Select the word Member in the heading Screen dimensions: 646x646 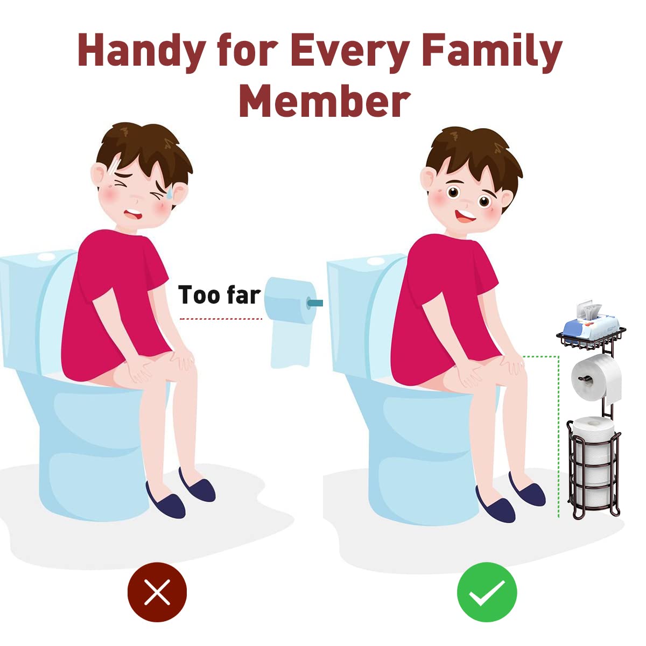[x=325, y=101]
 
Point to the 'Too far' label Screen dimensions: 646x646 [x=219, y=295]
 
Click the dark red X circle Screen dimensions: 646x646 [x=157, y=592]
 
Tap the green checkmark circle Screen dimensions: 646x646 [x=487, y=592]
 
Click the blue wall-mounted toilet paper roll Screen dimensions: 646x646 [x=290, y=321]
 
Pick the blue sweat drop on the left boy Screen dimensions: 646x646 [x=170, y=192]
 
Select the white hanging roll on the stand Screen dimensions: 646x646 [x=596, y=379]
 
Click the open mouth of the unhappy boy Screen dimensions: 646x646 [x=134, y=214]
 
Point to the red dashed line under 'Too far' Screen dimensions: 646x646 [x=221, y=319]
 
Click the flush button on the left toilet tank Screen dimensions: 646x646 [x=46, y=257]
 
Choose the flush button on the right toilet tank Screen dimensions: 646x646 [x=375, y=261]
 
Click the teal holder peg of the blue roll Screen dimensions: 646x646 [x=314, y=303]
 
